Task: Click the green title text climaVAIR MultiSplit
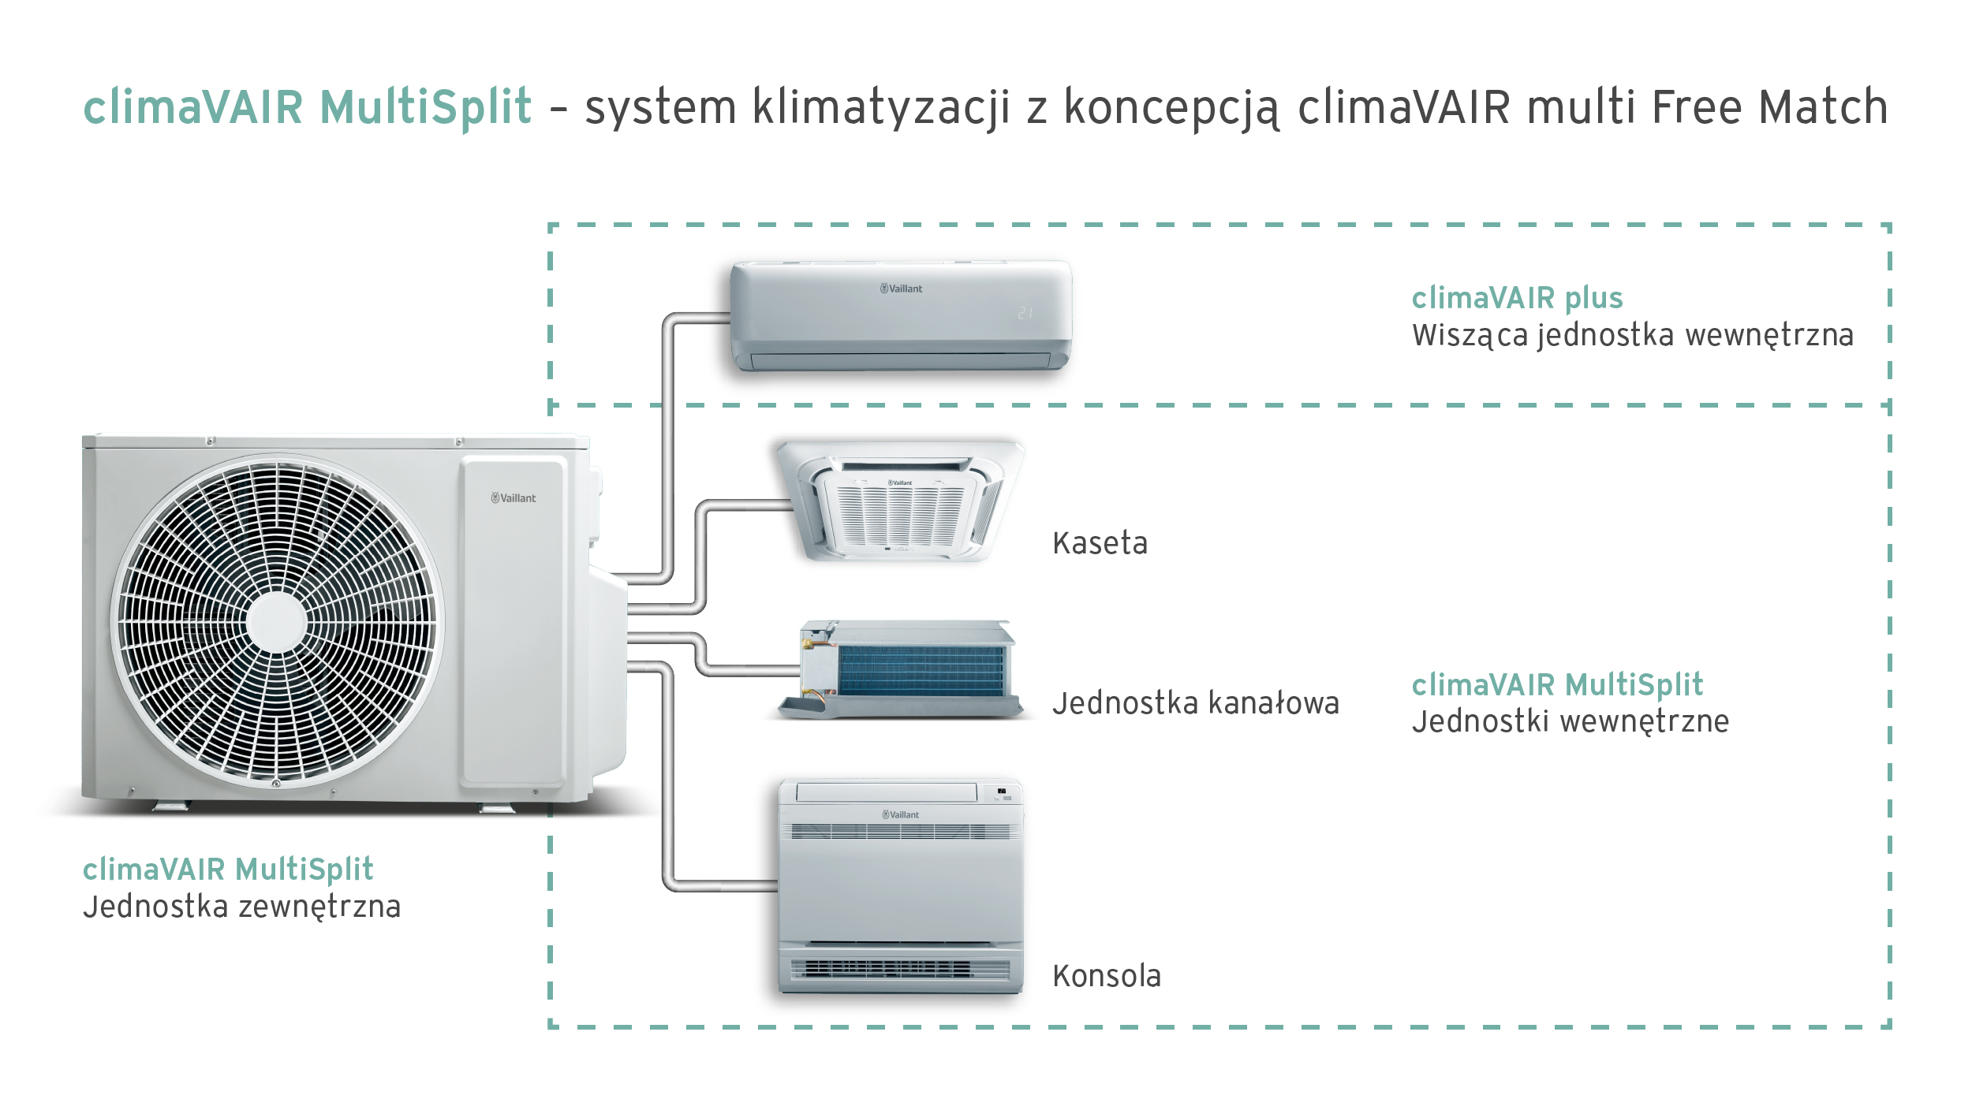coord(307,107)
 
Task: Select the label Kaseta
coord(1100,543)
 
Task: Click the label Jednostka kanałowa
coord(1195,703)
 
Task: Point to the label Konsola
coord(1106,976)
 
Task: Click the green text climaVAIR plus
coord(1516,298)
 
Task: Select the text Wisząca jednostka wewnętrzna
coord(1632,335)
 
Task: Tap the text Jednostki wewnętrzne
coord(1570,721)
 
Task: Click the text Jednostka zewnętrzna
coord(241,907)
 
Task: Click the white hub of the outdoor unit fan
coord(276,622)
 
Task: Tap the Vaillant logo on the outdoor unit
coord(514,498)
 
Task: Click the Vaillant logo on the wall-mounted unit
coord(901,289)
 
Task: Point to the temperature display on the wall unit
coord(1025,313)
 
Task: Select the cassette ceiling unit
coord(899,501)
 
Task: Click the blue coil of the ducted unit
coord(921,671)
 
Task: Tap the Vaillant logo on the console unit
coord(900,814)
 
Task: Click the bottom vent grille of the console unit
coord(899,968)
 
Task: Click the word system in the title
coord(660,107)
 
